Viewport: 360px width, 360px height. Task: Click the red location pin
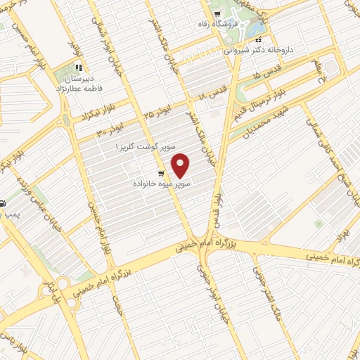(x=182, y=165)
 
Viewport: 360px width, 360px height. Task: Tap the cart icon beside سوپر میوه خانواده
(x=161, y=173)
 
